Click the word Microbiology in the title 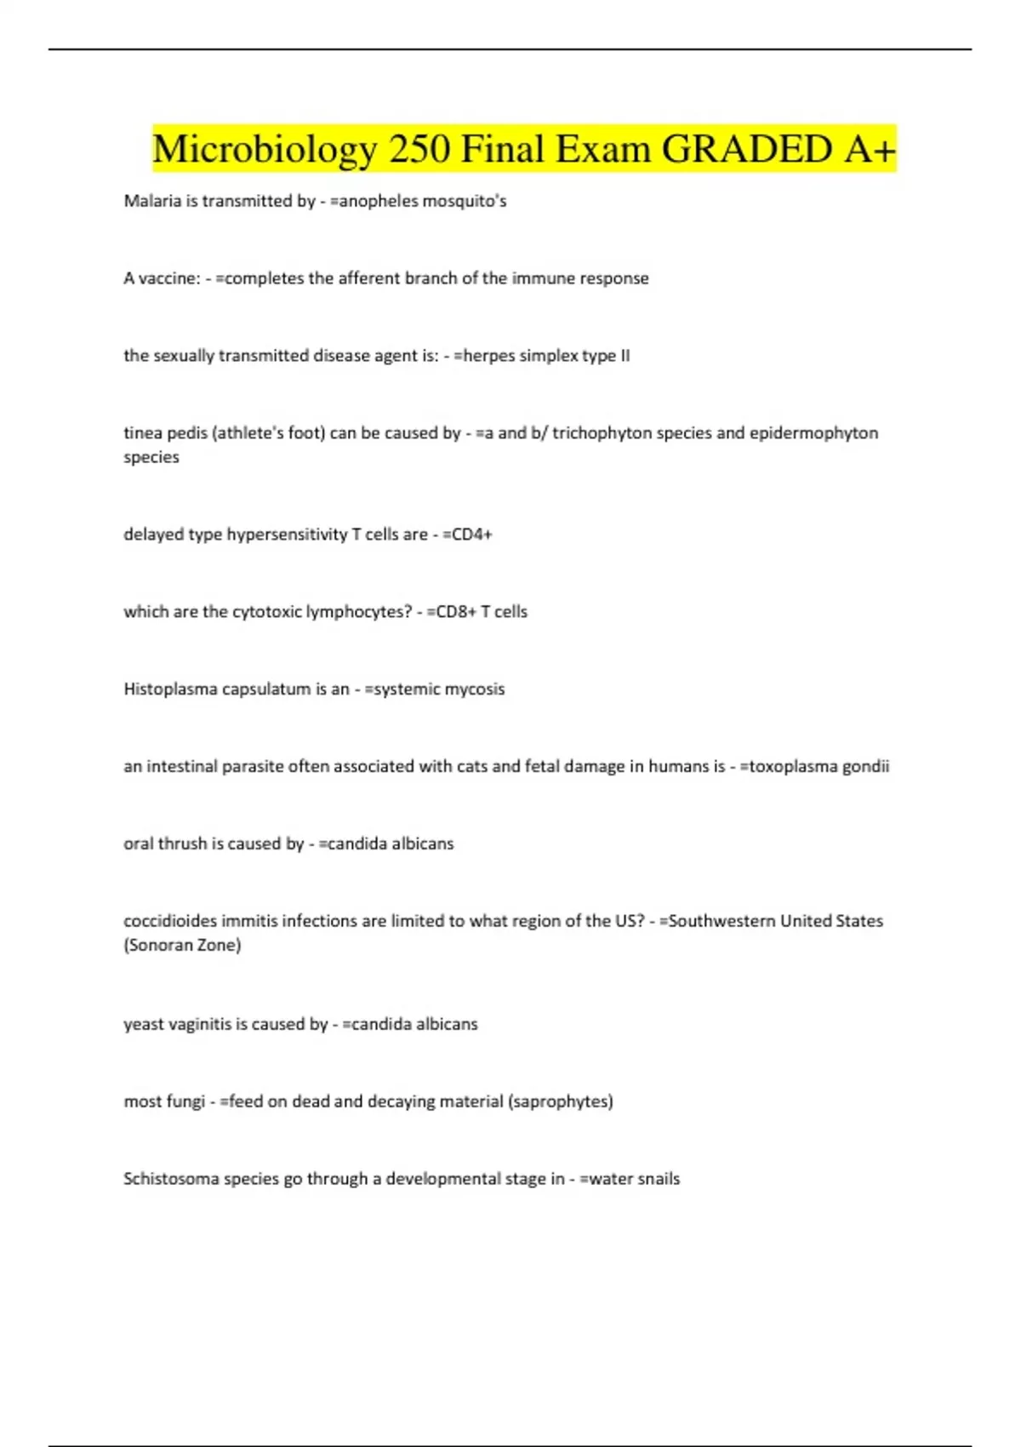265,150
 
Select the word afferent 370,278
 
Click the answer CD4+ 471,535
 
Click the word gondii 865,767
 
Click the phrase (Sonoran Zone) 182,946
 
